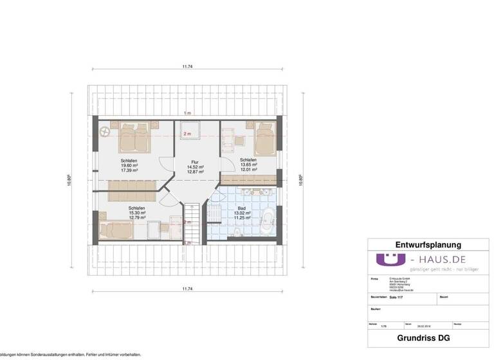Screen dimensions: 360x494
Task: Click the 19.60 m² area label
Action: click(129, 165)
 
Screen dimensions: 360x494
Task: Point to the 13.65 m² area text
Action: click(249, 165)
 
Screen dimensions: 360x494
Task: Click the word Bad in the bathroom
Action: click(241, 208)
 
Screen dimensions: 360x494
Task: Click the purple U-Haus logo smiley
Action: click(388, 262)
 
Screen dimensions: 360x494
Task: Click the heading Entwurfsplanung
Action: click(428, 245)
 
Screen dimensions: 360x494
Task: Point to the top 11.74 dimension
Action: click(187, 66)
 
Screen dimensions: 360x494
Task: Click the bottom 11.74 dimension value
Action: click(187, 289)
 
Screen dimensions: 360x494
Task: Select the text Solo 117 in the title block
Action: click(397, 298)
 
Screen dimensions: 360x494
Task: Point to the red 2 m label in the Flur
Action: click(187, 134)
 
